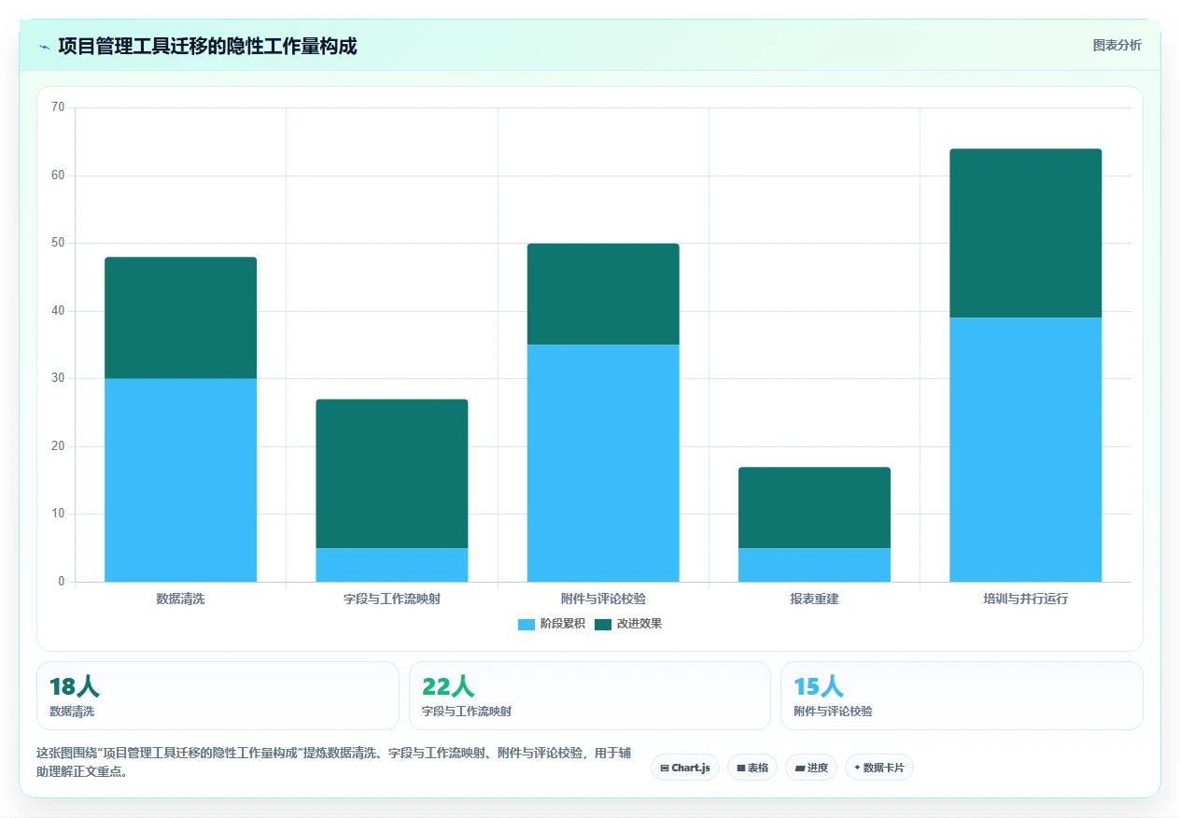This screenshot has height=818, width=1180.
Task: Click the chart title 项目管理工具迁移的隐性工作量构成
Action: [207, 47]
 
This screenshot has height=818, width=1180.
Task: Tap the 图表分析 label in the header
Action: [1117, 46]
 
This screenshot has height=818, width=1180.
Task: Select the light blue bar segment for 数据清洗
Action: [181, 480]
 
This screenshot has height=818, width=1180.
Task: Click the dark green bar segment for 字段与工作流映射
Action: [392, 473]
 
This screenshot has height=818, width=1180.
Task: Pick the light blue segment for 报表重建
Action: [814, 565]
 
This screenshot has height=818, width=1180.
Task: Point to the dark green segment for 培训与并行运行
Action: [1026, 233]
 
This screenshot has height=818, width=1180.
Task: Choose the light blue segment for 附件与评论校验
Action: [603, 463]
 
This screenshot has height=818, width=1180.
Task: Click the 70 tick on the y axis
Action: [58, 107]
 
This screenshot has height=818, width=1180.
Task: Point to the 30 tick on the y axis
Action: [58, 378]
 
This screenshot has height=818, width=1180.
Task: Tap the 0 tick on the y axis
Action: [61, 582]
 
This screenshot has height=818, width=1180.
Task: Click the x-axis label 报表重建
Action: [814, 599]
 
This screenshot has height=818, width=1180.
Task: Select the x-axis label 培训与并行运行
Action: [1026, 599]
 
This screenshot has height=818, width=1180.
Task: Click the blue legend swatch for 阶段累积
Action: [527, 624]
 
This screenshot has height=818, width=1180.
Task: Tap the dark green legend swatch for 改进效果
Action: [603, 624]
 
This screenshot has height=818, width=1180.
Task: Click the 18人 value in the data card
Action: [75, 686]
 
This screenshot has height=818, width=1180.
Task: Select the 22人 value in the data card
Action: [448, 686]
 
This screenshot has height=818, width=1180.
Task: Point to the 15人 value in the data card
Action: [819, 686]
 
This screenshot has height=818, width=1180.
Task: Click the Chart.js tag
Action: [685, 768]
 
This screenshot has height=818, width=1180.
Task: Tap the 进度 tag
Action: [811, 768]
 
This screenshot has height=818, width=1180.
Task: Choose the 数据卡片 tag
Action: [879, 768]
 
